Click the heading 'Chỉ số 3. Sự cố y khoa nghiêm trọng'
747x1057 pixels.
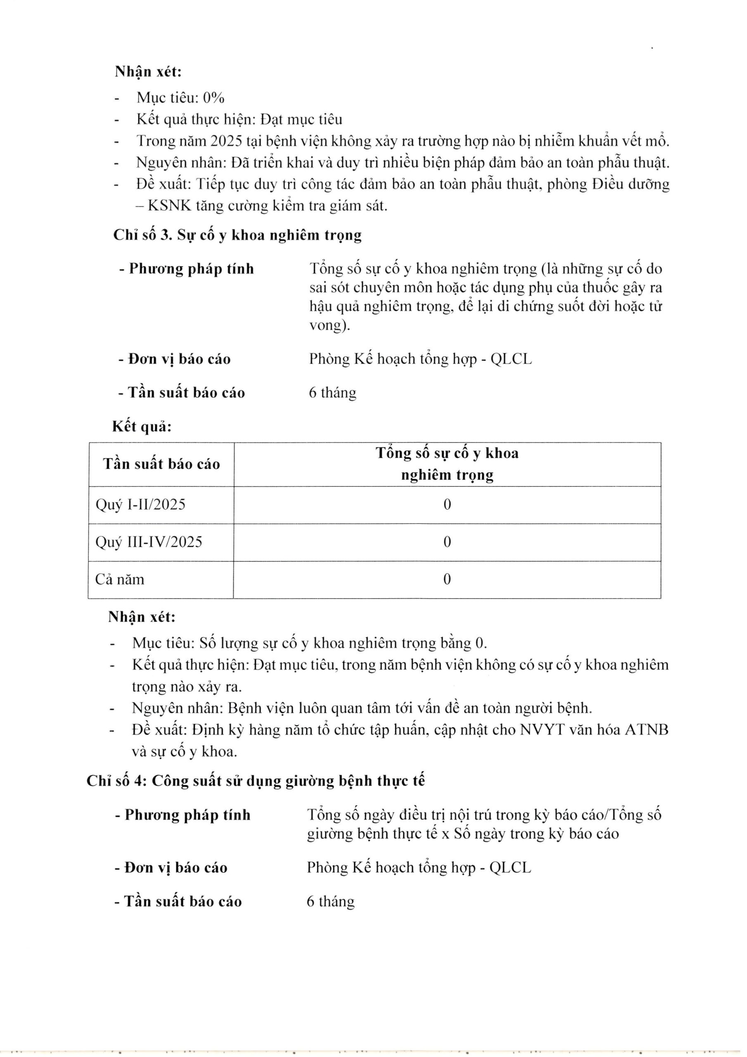click(x=237, y=235)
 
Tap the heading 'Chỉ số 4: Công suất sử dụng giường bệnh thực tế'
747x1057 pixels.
click(x=256, y=781)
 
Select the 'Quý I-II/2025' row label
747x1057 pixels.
click(x=140, y=505)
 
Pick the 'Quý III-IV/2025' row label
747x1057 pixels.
click(x=149, y=542)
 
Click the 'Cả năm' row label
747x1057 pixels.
click(x=120, y=579)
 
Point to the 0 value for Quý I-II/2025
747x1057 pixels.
click(x=447, y=505)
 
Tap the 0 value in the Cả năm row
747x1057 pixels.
click(x=447, y=579)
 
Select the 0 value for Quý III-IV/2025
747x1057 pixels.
click(x=447, y=542)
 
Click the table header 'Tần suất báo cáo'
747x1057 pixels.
click(x=161, y=464)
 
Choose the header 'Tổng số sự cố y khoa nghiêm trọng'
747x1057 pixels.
click(x=447, y=464)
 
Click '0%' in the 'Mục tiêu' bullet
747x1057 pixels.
click(x=213, y=97)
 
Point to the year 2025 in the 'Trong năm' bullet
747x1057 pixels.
click(x=226, y=141)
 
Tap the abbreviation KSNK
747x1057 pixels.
click(x=169, y=206)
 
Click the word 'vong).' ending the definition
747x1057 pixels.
click(x=329, y=325)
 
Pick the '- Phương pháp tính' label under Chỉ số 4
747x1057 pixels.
click(x=183, y=815)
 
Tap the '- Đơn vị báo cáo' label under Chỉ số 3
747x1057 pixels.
click(x=174, y=359)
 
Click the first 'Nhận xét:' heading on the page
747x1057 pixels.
click(x=148, y=72)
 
